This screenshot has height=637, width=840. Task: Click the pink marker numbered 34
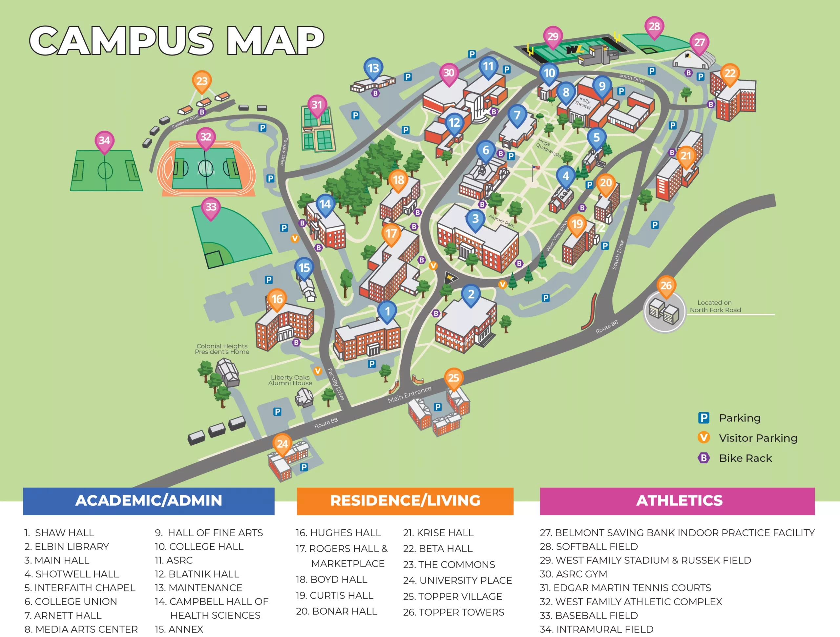[104, 141]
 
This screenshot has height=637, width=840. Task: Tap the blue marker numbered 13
[373, 68]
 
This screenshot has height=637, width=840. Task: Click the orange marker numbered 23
[202, 81]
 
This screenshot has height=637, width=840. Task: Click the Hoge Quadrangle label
[548, 147]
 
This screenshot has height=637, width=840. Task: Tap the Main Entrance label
[409, 394]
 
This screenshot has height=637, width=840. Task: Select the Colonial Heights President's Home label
[222, 349]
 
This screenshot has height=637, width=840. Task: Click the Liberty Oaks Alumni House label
[290, 380]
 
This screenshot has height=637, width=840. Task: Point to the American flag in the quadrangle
[535, 168]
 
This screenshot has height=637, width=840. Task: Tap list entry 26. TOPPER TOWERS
[453, 612]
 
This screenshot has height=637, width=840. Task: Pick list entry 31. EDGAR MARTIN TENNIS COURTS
[625, 588]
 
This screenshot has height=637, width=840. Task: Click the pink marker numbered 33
[211, 207]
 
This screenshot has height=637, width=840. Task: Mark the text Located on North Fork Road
[715, 306]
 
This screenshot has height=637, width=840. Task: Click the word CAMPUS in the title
[121, 41]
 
